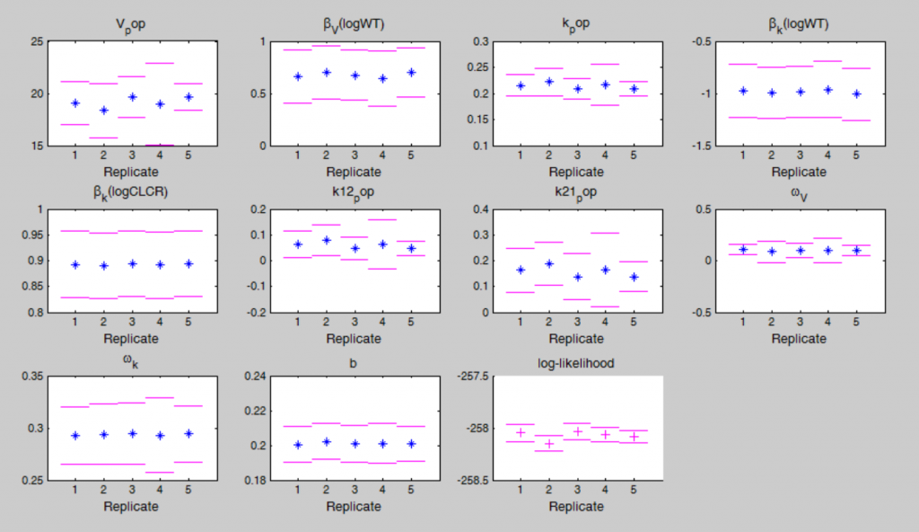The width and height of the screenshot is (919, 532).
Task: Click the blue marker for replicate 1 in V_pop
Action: tap(75, 103)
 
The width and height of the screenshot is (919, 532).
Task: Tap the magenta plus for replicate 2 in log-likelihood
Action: tap(548, 444)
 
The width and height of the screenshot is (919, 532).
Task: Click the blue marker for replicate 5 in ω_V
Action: tap(855, 251)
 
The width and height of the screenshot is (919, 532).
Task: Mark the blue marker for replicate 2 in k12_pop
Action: tap(326, 240)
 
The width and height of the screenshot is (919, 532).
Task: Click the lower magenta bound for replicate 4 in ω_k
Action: tap(159, 472)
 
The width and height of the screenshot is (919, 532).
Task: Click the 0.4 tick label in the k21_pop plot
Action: tap(481, 209)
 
